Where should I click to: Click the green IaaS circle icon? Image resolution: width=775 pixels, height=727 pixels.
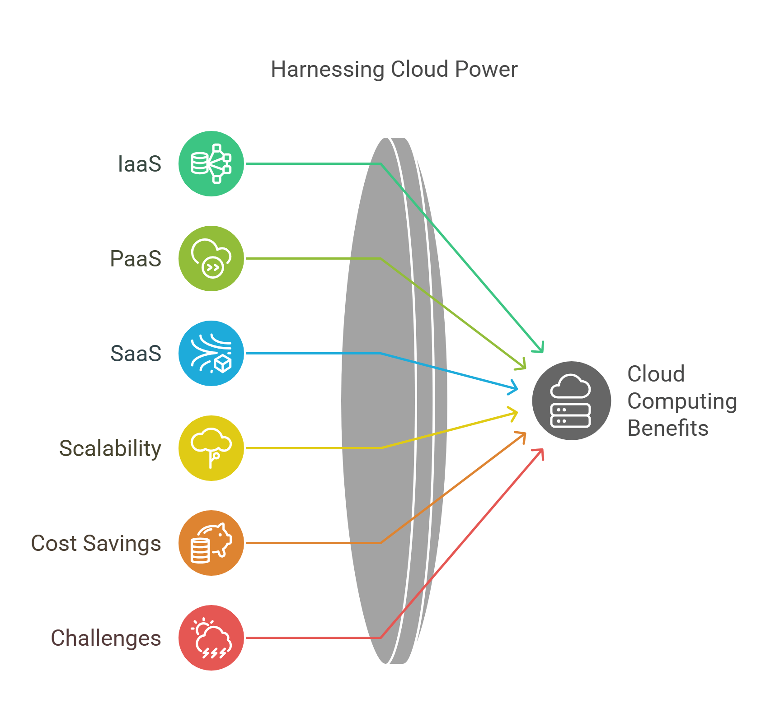point(211,163)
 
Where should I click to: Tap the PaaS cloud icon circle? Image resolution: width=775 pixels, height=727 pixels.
point(211,258)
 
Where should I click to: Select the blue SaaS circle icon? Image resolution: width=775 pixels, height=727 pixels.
point(211,353)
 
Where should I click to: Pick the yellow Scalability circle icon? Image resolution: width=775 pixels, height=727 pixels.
point(211,448)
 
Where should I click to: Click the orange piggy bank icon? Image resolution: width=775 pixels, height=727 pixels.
point(211,543)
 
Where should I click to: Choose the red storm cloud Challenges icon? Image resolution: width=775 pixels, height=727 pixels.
point(211,638)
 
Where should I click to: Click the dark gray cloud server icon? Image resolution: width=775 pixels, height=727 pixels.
point(571,401)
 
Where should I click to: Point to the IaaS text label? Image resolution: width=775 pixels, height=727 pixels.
point(139,164)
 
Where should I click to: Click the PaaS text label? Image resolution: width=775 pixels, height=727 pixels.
point(136,259)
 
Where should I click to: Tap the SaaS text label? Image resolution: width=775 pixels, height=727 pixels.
point(136,354)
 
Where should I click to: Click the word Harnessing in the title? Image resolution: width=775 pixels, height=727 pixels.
point(327,70)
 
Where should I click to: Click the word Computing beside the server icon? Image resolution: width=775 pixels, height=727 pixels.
point(682,401)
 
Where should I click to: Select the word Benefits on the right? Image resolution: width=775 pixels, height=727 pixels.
point(667,428)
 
